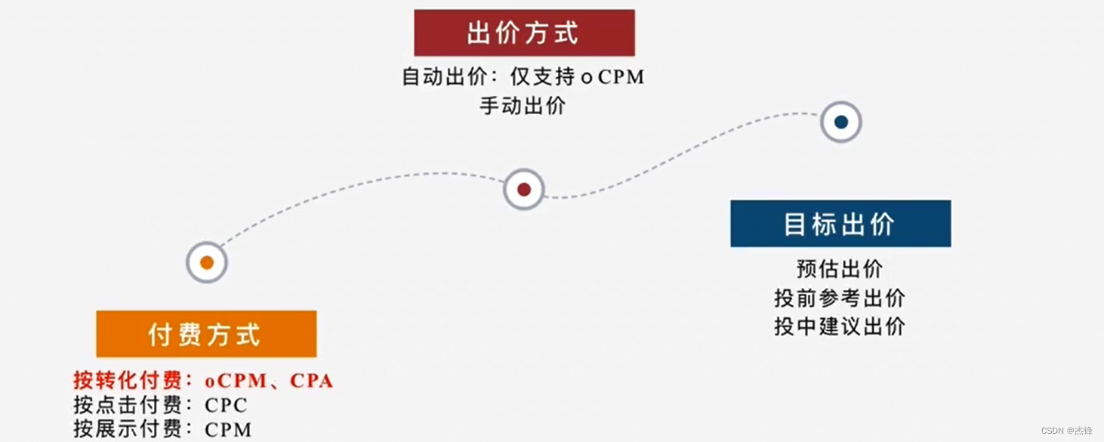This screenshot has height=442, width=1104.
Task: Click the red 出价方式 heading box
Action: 524,33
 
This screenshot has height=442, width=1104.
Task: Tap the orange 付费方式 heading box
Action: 206,334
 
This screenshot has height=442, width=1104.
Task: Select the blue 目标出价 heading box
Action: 840,224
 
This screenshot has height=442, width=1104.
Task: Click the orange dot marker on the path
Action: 207,262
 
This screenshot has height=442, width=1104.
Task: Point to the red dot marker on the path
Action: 524,189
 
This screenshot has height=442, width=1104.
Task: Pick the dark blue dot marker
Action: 841,122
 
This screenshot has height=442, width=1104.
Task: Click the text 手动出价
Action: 523,106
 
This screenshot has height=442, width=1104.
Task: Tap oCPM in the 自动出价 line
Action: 612,77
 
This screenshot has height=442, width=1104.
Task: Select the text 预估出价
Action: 840,269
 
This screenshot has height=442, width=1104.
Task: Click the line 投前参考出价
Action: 840,298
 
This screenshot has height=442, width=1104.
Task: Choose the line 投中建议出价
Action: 840,326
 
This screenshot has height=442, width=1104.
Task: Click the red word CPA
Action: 312,380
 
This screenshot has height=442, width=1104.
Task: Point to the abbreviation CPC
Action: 226,405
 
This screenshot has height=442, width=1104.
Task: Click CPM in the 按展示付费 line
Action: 228,429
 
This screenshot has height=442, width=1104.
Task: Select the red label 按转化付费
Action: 128,380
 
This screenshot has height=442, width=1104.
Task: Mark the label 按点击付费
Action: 128,405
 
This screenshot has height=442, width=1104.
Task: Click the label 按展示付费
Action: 128,429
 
